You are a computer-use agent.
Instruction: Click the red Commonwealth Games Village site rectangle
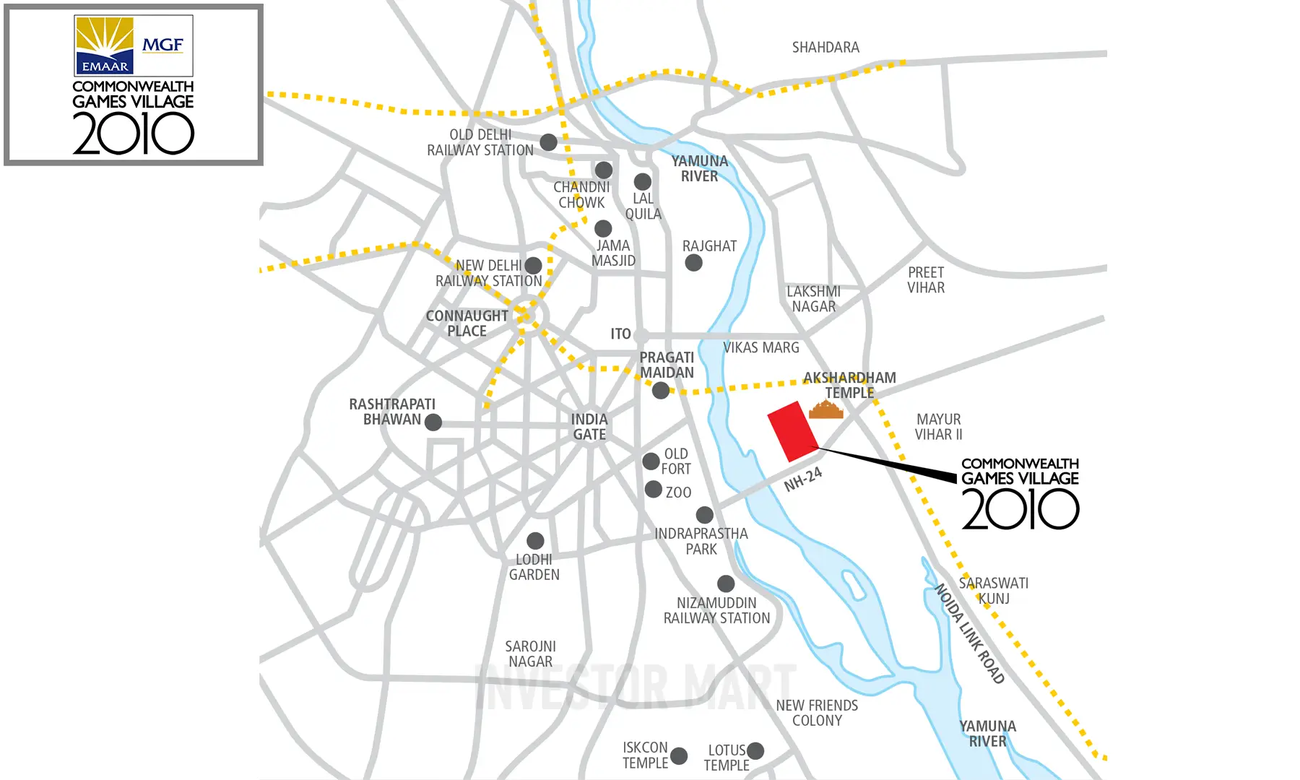[792, 432]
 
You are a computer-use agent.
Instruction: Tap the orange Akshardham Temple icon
[825, 410]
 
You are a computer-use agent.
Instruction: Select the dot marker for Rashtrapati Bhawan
[433, 422]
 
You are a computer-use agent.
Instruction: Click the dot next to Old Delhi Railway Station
[549, 142]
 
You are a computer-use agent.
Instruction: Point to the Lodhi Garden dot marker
[535, 541]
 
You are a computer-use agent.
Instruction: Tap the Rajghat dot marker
[693, 263]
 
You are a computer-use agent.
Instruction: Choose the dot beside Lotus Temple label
[755, 751]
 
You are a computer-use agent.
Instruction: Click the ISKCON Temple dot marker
[679, 756]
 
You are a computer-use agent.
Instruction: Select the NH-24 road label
[803, 479]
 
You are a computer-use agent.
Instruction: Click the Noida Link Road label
[970, 633]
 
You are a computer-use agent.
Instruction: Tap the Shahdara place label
[825, 48]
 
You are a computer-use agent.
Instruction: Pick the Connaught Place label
[467, 324]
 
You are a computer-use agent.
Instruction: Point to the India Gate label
[589, 427]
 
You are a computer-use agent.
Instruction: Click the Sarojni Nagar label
[530, 654]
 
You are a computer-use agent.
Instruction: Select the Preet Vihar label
[926, 280]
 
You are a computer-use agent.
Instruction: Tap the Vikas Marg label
[761, 348]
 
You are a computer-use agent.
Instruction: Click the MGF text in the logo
[162, 45]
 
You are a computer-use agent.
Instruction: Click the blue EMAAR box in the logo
[105, 65]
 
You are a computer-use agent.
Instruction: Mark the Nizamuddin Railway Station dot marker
[726, 584]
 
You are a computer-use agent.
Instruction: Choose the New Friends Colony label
[817, 713]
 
